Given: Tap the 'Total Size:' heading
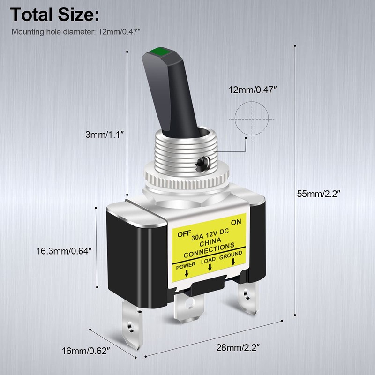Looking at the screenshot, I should (54, 15).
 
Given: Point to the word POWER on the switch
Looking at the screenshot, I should (187, 265).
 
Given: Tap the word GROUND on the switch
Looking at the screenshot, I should (232, 255).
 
